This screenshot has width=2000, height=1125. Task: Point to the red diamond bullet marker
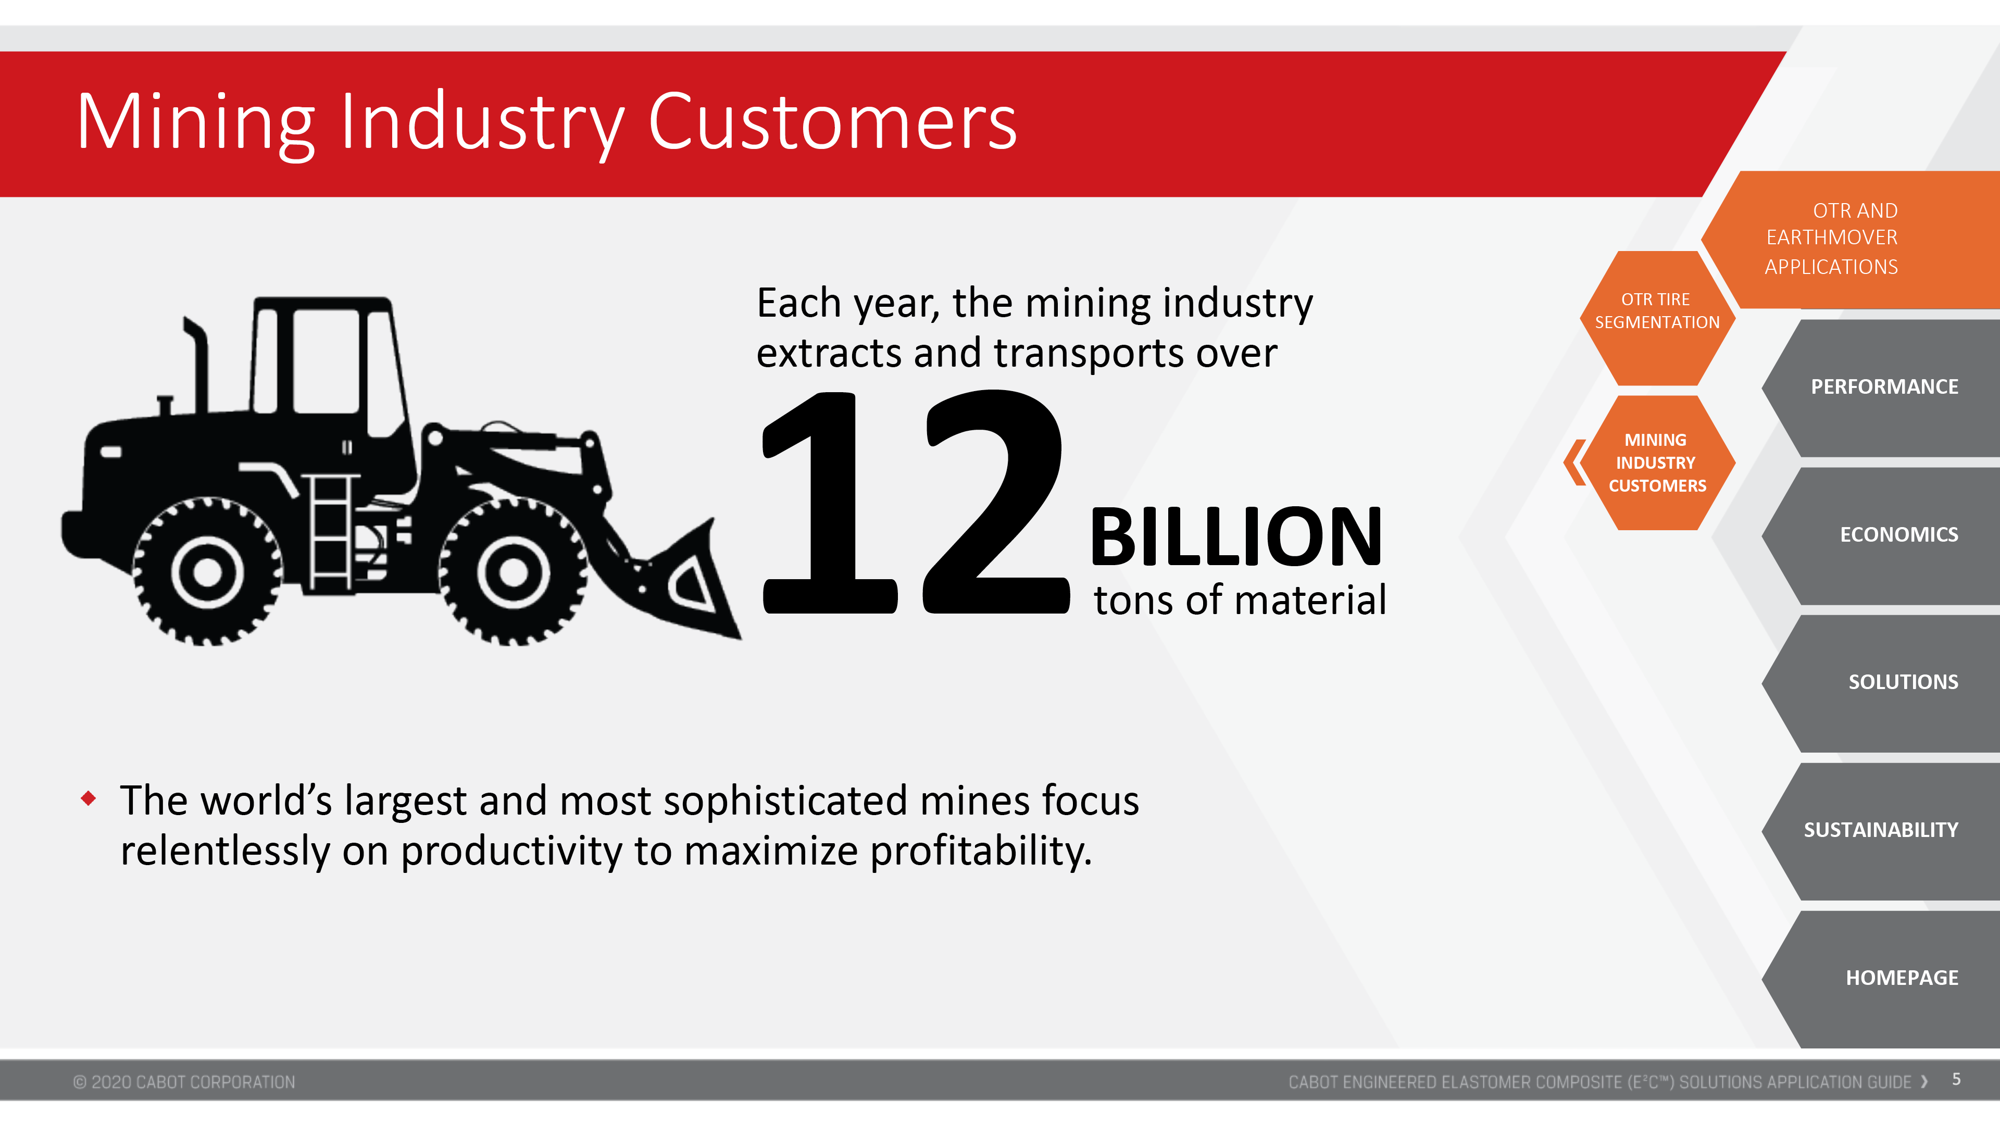89,798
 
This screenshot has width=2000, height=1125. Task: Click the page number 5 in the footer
1957,1079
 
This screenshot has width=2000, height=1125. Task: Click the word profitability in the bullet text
981,852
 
